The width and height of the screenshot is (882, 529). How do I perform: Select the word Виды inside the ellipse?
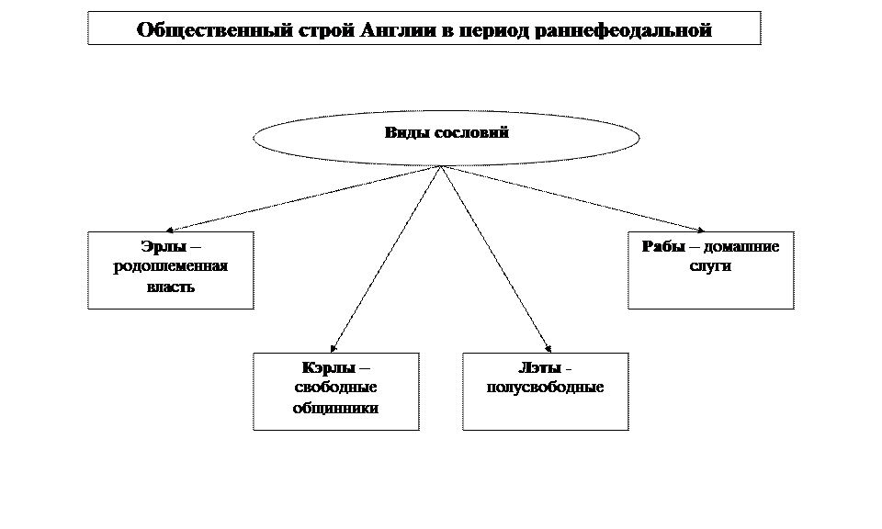tap(403, 132)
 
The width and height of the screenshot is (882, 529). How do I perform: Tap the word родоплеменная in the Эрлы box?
tap(170, 267)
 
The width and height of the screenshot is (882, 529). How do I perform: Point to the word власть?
tap(170, 287)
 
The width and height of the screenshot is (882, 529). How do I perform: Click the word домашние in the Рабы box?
tap(741, 247)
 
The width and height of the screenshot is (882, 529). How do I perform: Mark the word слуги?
tap(709, 267)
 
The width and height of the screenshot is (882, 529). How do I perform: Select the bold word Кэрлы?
tap(328, 368)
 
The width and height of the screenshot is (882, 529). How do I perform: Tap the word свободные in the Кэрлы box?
tap(335, 388)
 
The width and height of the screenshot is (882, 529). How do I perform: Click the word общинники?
tap(335, 408)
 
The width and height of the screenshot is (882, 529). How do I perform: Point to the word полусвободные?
tap(545, 388)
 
